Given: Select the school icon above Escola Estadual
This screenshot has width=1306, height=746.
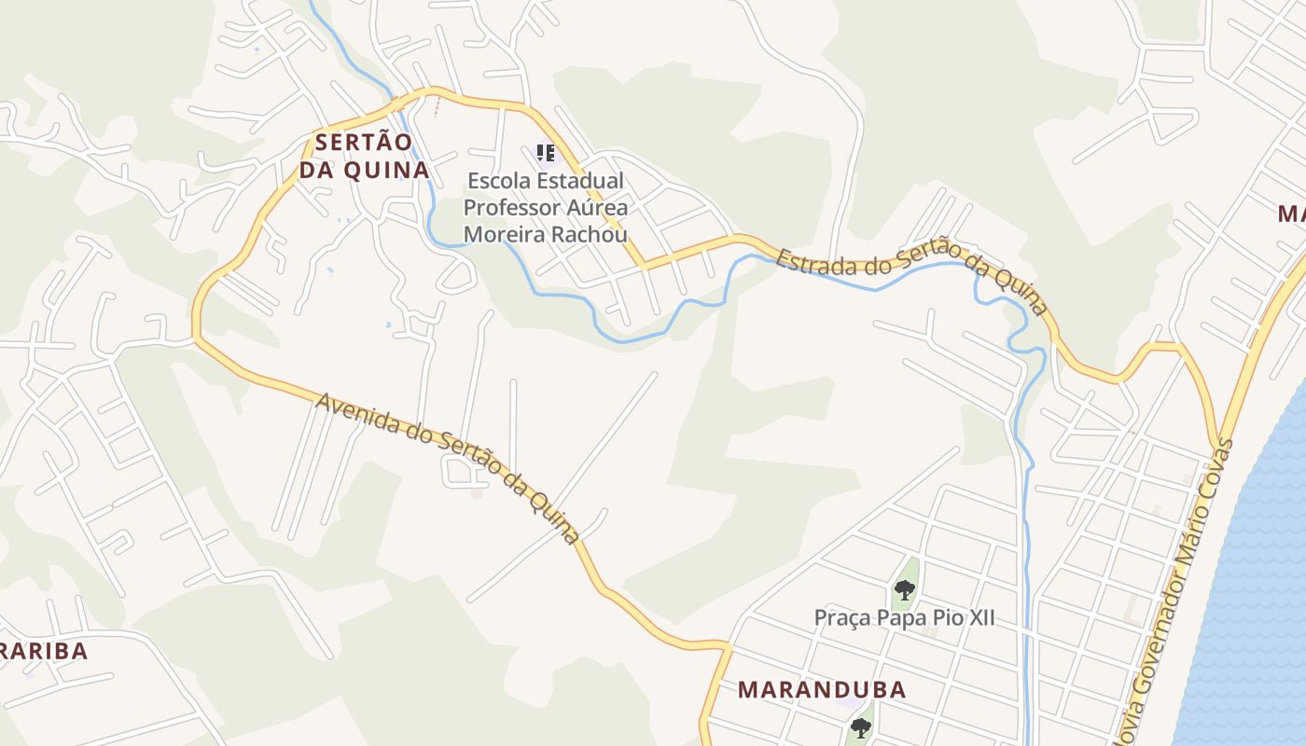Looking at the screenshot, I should click(546, 152).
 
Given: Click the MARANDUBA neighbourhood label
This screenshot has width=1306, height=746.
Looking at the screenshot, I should click(822, 690).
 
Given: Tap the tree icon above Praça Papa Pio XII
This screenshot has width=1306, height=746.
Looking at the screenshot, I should click(904, 589).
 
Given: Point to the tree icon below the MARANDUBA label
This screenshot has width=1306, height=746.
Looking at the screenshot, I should click(860, 727).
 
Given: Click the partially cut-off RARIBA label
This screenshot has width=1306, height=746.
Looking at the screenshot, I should click(45, 651).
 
